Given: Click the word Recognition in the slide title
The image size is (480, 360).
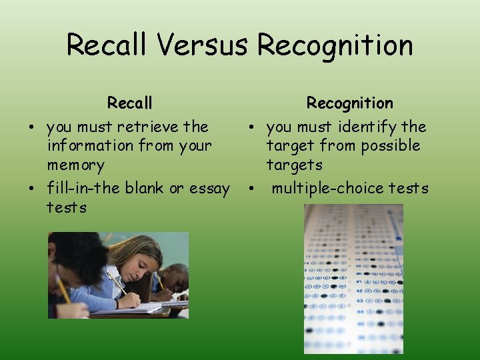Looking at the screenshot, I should coord(335,45).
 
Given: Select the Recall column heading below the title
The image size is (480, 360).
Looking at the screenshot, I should coord(130,103).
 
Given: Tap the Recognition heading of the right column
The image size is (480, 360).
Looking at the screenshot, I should coord(349,103).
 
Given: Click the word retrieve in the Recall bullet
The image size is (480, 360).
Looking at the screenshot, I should coord(148,127).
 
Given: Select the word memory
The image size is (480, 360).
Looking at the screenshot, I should coord(75,165).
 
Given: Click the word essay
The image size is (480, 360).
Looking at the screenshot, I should coord(209,189).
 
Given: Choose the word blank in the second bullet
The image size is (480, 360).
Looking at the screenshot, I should coord(143,189).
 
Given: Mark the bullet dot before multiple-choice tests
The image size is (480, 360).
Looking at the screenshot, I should coord(251,189).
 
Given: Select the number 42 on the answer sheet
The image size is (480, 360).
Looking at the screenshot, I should coord(312,290).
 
